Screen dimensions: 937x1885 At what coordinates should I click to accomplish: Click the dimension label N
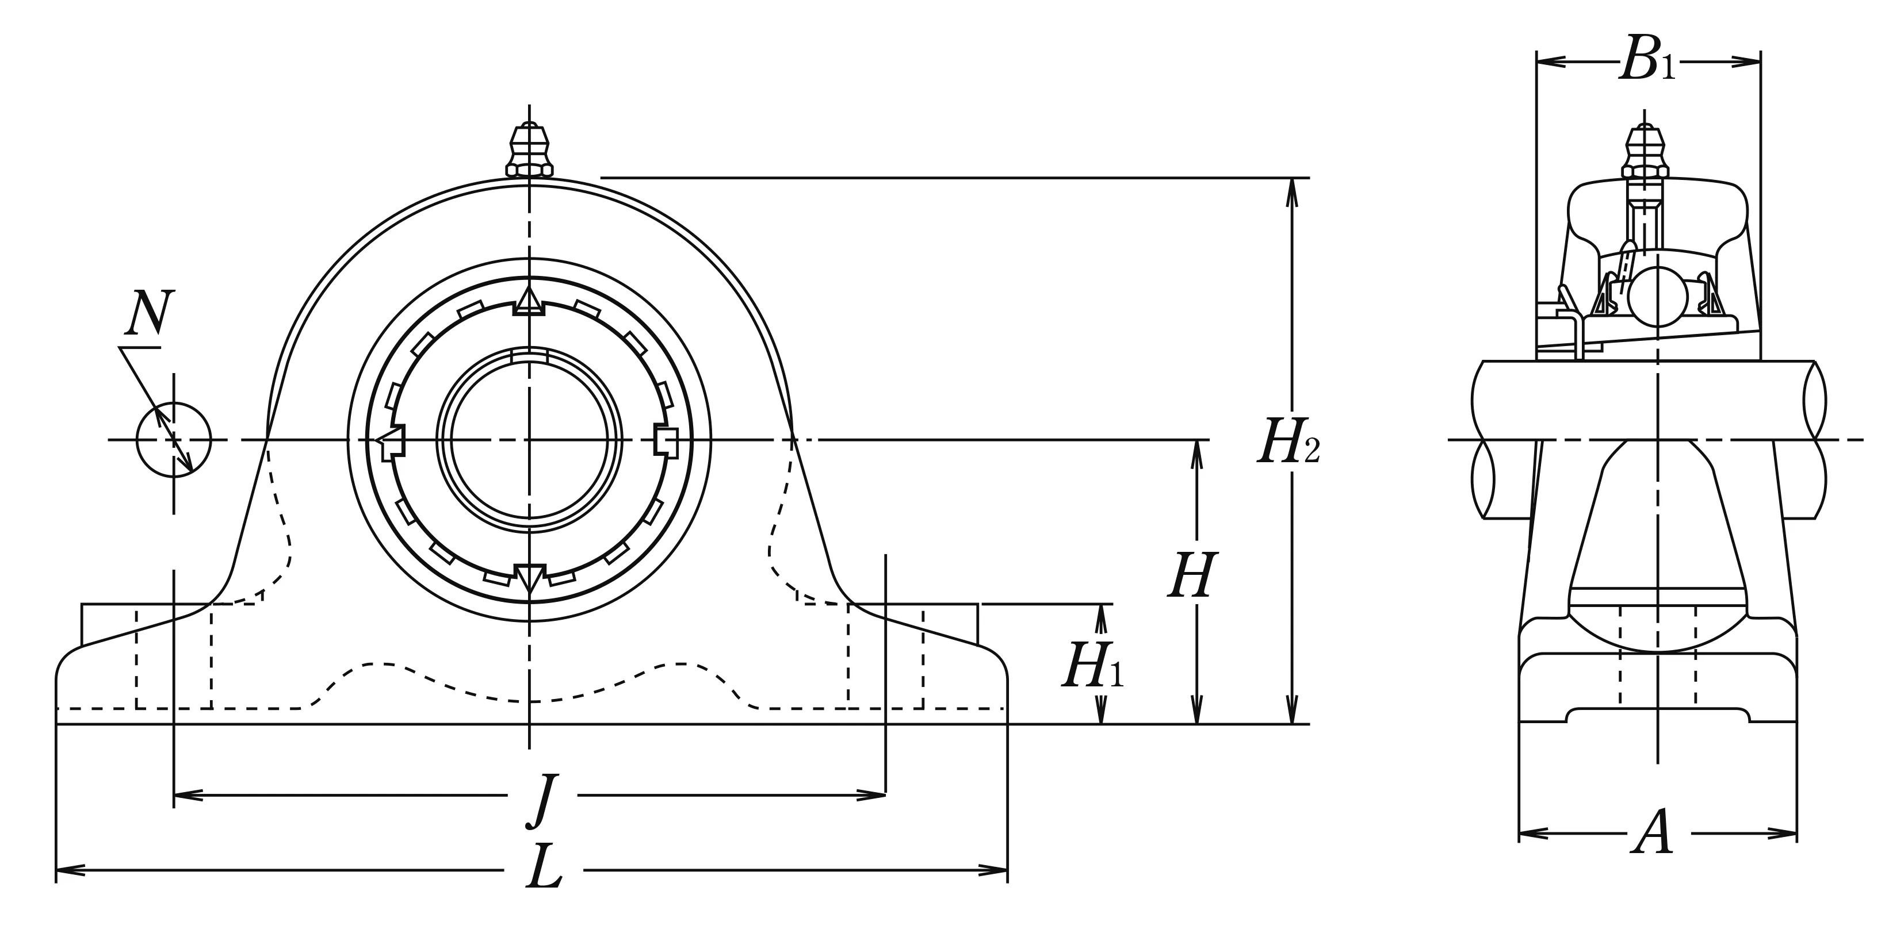(148, 314)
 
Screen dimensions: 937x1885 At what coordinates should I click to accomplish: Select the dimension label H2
(1288, 443)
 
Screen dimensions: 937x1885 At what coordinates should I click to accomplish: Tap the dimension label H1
(1092, 665)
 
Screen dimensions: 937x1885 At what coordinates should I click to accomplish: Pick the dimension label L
(544, 867)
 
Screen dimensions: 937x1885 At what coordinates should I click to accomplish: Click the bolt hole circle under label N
(173, 440)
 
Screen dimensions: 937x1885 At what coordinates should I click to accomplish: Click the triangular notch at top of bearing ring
(529, 300)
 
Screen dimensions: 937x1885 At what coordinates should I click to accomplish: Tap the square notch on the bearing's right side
(666, 440)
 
